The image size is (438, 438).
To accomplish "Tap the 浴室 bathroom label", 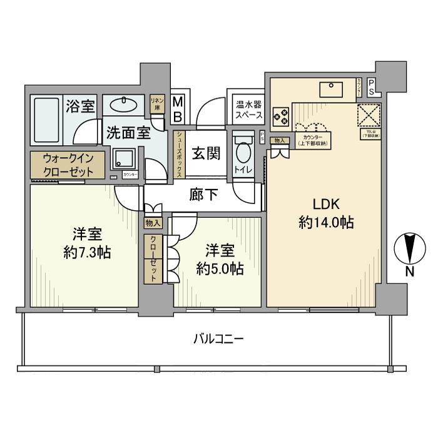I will [81, 106].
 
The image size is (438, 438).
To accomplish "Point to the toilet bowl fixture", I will [243, 153].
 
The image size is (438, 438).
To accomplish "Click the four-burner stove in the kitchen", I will [281, 116].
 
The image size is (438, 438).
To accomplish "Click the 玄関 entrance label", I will [204, 152].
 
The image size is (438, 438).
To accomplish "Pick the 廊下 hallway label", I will [204, 195].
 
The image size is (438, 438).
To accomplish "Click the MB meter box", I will [178, 109].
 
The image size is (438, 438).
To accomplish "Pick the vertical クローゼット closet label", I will [153, 259].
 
